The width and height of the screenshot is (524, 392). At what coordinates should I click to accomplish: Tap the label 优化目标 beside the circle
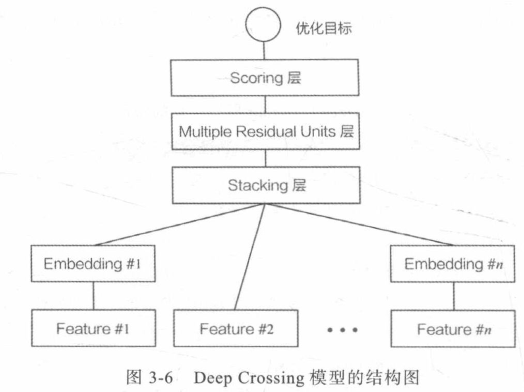(323, 28)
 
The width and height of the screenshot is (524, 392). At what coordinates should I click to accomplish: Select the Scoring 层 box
(265, 78)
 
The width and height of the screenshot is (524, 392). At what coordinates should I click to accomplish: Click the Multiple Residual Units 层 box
(265, 131)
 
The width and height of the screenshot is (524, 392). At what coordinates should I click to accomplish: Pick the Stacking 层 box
(266, 185)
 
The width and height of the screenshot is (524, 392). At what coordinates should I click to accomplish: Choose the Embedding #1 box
(93, 264)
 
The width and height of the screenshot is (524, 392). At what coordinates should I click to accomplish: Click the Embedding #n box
(452, 264)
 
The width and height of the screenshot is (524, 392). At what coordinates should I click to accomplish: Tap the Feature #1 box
(93, 329)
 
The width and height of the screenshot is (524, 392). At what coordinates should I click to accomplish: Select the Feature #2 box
(236, 329)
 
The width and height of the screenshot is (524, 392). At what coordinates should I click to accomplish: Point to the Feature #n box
(453, 329)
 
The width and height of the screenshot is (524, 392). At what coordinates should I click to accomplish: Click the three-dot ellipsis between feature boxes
(342, 330)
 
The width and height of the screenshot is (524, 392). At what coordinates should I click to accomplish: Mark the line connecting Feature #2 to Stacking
(249, 257)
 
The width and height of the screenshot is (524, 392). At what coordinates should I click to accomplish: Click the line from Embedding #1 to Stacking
(179, 224)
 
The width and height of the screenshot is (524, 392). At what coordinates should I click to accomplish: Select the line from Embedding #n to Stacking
(358, 224)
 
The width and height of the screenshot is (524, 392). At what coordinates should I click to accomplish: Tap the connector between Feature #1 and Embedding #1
(94, 296)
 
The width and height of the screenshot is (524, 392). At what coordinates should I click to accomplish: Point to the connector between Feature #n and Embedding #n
(454, 296)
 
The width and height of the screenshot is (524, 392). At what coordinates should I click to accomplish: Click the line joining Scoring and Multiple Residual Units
(265, 104)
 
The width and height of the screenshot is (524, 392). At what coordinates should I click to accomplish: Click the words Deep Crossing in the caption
(248, 377)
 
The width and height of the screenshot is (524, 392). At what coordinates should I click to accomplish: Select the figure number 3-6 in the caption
(160, 377)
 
